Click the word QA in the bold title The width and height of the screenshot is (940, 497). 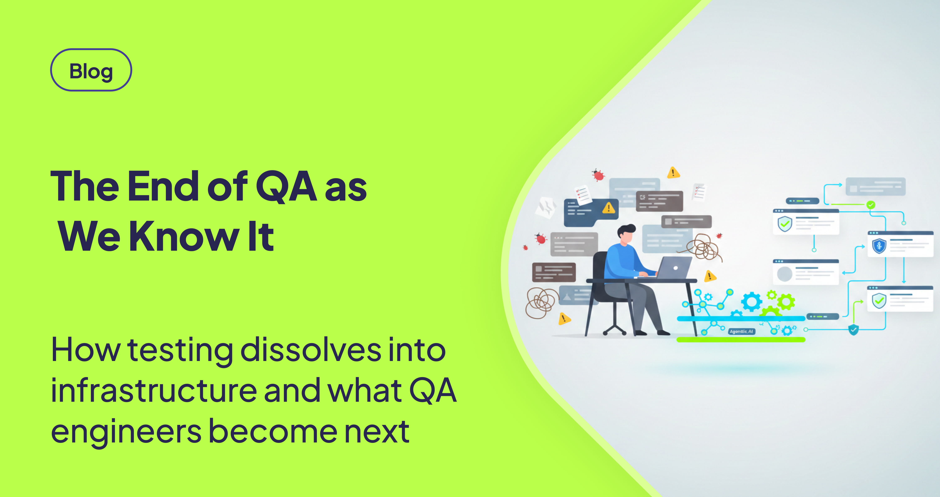[x=286, y=186]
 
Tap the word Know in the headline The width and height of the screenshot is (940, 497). [x=184, y=236]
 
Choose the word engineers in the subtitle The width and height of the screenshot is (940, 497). [x=126, y=432]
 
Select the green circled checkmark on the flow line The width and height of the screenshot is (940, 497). [x=871, y=205]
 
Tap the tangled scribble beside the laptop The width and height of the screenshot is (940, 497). [x=702, y=248]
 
